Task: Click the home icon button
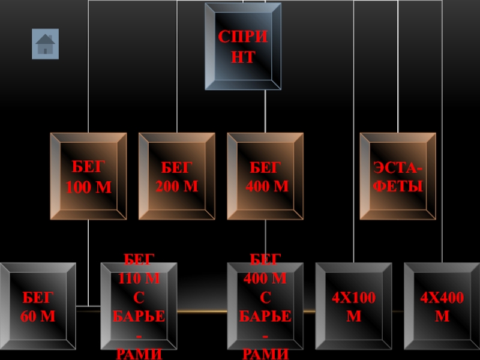[45, 44]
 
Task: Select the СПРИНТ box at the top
[243, 47]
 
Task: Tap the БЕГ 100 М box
[89, 176]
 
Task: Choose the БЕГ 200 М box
[177, 176]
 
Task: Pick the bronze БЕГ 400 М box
[265, 176]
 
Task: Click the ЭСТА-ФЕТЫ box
[398, 176]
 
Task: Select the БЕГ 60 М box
[38, 306]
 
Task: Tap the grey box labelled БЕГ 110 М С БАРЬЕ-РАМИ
[139, 306]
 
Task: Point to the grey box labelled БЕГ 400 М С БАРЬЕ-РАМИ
[265, 306]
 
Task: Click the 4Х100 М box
[353, 306]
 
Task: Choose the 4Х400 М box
[442, 306]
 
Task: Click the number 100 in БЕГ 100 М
[80, 187]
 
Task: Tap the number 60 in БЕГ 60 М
[30, 316]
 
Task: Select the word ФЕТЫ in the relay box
[398, 187]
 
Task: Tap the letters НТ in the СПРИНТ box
[243, 58]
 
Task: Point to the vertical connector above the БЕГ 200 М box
[177, 66]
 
